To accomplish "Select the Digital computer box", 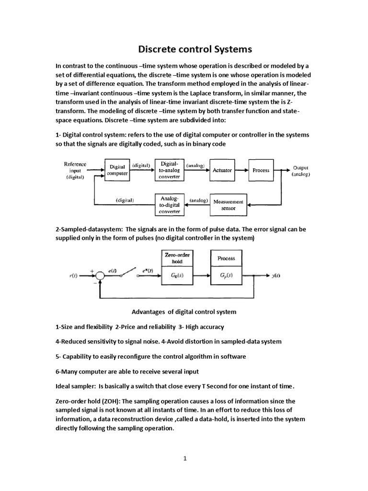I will pos(117,170).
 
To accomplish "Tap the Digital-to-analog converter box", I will pos(169,170).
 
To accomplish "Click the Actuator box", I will pos(222,170).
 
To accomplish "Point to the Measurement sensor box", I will pos(229,205).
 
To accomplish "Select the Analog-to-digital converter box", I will pos(169,204).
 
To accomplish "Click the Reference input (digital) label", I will pos(75,170).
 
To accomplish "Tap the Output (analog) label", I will pos(301,171).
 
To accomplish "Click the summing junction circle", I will pos(100,276).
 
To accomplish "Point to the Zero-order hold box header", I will pos(177,258).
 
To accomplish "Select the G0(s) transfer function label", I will pos(177,276).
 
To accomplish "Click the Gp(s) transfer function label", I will pos(226,276).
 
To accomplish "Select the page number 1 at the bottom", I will pos(184,458).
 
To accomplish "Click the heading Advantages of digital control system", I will pos(184,312).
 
